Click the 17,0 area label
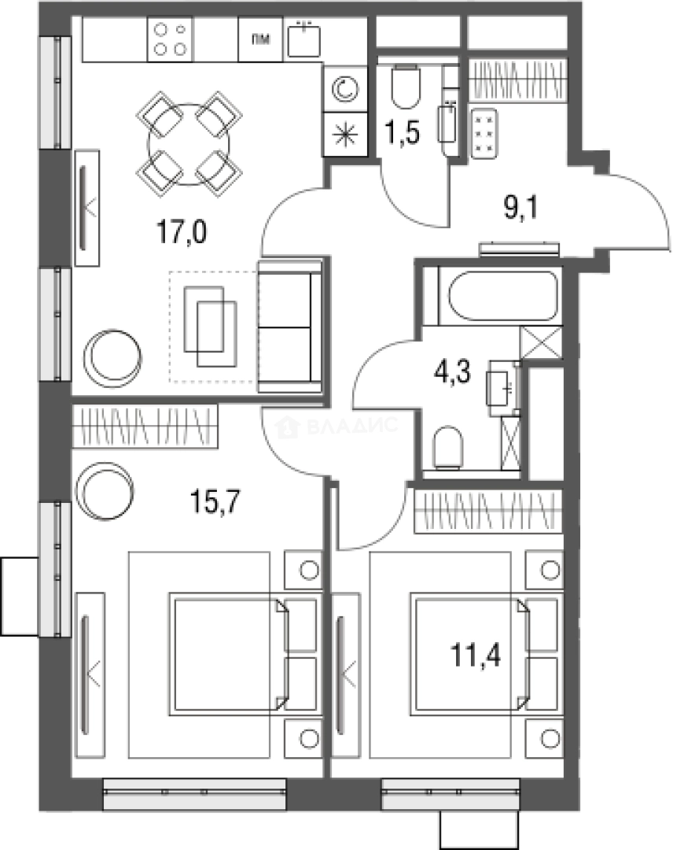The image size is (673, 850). point(182,232)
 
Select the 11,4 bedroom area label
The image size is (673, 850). point(476,656)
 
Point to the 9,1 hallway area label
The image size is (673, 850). point(520,208)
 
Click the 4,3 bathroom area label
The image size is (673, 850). point(452,372)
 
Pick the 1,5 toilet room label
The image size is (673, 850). point(403,132)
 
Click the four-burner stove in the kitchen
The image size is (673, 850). point(170,39)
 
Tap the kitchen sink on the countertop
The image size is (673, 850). point(303,39)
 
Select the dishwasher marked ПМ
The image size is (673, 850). point(260,39)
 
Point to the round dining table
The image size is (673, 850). point(189,144)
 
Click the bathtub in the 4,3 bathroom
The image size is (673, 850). point(502,295)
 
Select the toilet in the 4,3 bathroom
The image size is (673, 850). point(448,448)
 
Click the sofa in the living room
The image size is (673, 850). point(289,326)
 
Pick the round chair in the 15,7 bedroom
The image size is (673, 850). point(105,492)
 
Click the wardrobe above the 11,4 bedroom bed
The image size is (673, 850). point(488,511)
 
